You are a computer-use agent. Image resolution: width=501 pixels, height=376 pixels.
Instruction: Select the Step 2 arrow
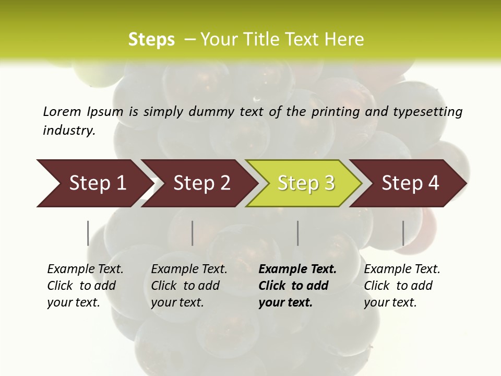[201, 183]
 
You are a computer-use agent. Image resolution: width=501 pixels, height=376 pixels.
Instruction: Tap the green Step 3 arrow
[306, 183]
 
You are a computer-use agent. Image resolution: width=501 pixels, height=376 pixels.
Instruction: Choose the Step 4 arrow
[410, 183]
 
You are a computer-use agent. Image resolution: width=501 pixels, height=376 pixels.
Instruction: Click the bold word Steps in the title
[151, 40]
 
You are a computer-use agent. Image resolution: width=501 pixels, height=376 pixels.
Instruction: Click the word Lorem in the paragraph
[62, 111]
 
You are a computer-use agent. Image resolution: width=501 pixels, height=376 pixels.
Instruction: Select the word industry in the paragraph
[68, 130]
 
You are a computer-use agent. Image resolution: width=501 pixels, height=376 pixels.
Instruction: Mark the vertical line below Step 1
[88, 233]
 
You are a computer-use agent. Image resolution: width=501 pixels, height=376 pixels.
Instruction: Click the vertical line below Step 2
[193, 233]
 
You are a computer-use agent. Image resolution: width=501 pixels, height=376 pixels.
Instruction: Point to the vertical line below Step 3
[297, 233]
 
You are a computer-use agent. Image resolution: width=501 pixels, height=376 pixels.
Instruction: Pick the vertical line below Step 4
[403, 233]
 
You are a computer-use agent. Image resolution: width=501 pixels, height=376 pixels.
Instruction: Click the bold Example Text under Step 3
[297, 269]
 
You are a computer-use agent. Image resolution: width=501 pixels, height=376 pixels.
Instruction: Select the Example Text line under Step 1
[85, 269]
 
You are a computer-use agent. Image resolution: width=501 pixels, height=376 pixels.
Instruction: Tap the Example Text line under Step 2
[189, 269]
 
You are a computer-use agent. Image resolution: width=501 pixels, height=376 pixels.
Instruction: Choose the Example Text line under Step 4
[402, 269]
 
